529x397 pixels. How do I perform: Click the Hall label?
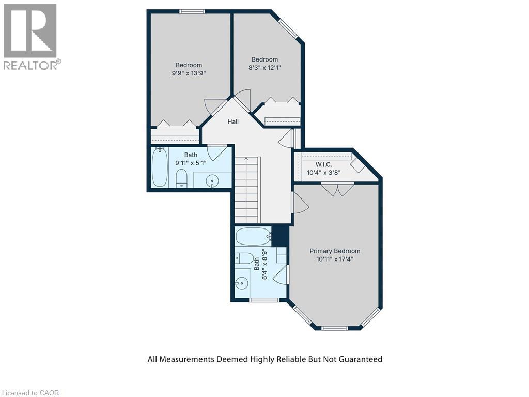click(233, 121)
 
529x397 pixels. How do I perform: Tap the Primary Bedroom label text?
click(335, 251)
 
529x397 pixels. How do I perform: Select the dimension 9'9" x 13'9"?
click(189, 73)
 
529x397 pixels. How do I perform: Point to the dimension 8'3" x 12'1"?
click(264, 68)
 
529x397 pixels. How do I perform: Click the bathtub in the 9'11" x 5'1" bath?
click(160, 167)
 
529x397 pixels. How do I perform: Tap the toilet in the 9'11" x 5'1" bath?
click(181, 178)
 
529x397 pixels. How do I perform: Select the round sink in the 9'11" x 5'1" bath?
click(212, 180)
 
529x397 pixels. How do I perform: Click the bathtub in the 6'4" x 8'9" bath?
click(253, 237)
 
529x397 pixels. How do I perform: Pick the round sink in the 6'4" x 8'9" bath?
click(241, 283)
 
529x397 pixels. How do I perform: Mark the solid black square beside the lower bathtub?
click(279, 236)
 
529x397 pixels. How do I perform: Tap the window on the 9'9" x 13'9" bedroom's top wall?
click(192, 11)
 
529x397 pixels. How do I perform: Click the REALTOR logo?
click(30, 36)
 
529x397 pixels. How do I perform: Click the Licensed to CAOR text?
click(30, 393)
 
